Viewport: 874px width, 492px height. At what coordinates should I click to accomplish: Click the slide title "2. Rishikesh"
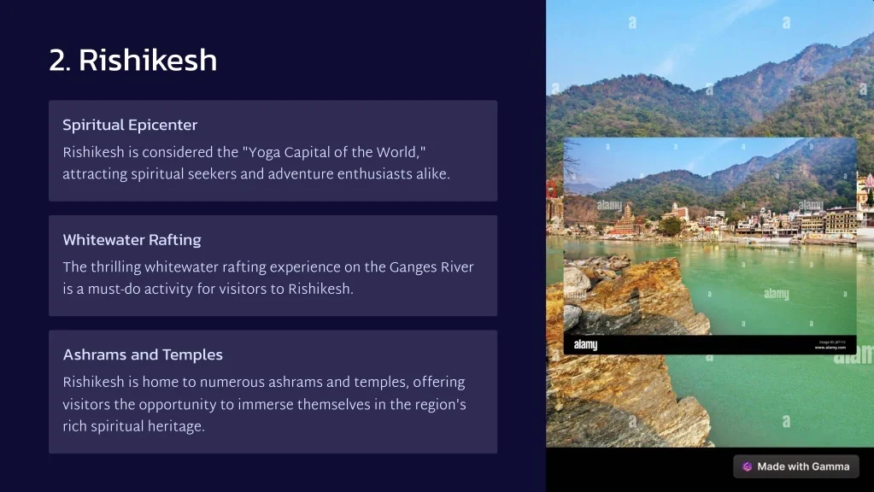tap(132, 60)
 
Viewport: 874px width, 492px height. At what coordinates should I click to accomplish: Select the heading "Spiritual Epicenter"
tap(130, 126)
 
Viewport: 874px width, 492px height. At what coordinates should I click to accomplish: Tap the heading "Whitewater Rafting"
tap(132, 240)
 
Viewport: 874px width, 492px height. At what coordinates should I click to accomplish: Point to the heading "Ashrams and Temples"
tap(143, 355)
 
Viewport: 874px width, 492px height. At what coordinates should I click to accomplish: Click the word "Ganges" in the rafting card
tap(413, 267)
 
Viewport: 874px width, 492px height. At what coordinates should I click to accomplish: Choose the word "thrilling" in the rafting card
tap(116, 267)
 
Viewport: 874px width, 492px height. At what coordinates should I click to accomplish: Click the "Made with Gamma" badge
tap(796, 467)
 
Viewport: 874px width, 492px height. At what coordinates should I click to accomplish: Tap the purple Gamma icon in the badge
tap(747, 467)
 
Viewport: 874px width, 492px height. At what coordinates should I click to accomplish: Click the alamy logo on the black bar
tap(586, 345)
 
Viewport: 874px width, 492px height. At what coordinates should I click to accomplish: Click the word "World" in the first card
tap(396, 153)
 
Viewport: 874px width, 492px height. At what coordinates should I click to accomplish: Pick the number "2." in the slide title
tap(60, 61)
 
